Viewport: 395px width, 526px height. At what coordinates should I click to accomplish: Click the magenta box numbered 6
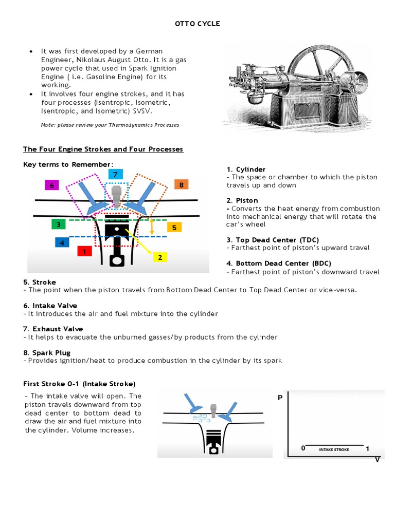[51, 185]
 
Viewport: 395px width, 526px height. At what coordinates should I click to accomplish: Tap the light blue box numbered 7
[116, 175]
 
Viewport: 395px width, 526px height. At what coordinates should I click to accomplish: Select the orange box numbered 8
[182, 184]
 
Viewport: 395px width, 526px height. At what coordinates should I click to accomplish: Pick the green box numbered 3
[59, 224]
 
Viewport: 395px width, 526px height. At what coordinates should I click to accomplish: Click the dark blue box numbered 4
[62, 242]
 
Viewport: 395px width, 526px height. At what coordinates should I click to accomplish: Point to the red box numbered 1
[84, 251]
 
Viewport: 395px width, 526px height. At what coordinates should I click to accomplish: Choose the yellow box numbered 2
[160, 257]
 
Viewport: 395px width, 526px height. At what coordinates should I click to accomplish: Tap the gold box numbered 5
[174, 227]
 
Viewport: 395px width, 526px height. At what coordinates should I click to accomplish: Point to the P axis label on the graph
[280, 398]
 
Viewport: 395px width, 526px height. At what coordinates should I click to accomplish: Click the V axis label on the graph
[377, 459]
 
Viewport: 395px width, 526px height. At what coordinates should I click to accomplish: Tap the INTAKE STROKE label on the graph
[334, 449]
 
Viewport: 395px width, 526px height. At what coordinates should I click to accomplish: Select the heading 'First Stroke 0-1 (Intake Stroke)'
[79, 384]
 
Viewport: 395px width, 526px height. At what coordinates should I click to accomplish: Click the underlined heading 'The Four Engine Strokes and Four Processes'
[103, 149]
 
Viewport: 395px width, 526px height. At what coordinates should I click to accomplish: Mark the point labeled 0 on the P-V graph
[303, 448]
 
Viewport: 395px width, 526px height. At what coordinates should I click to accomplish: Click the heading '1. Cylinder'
[246, 169]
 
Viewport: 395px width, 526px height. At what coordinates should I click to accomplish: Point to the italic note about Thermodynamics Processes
[110, 125]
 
